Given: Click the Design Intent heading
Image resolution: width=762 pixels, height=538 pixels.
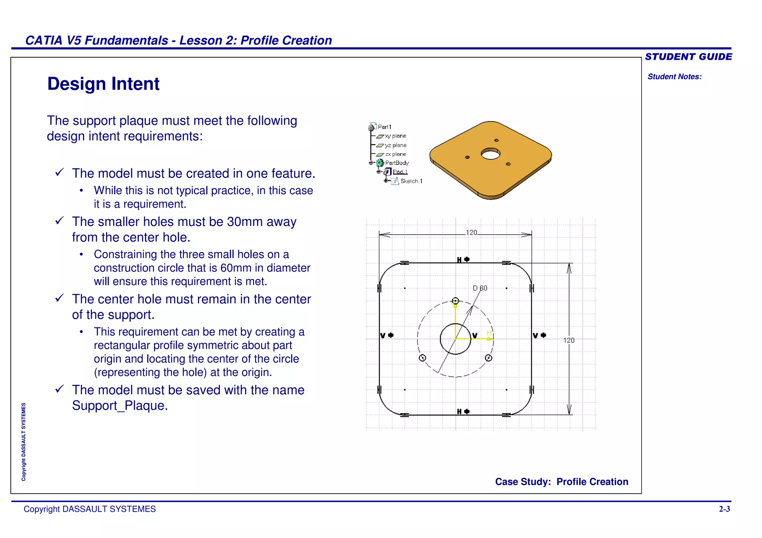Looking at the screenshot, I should click(x=103, y=84).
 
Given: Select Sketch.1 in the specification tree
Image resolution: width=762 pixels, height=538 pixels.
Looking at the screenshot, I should click(x=411, y=181).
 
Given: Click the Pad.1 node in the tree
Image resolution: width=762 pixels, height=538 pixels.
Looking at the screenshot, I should click(x=400, y=172).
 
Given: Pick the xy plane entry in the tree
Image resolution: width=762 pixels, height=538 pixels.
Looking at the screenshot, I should click(x=395, y=136).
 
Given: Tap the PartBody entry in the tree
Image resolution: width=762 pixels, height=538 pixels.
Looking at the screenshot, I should click(x=397, y=163).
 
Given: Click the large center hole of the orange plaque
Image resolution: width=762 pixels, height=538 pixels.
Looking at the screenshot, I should click(x=490, y=153).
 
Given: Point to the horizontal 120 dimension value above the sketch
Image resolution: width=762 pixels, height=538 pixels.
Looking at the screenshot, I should click(x=471, y=233).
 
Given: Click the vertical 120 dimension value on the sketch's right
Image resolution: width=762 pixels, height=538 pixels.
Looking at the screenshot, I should click(x=569, y=340).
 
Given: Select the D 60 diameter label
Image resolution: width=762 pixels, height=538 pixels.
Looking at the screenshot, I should click(x=480, y=288).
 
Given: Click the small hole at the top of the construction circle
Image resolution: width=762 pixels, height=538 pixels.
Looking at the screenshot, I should click(x=455, y=301).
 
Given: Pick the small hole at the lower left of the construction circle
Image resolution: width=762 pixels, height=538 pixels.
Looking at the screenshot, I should click(x=422, y=358).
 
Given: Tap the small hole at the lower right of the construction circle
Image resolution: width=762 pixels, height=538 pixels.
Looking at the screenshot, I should click(x=489, y=358).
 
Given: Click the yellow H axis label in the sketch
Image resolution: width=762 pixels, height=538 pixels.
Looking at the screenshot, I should click(x=489, y=333).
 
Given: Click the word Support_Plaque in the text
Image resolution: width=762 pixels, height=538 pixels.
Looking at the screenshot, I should click(x=120, y=406).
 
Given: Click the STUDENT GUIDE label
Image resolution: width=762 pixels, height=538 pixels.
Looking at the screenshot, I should click(x=688, y=57).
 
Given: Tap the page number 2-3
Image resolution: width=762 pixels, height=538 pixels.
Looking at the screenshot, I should click(x=724, y=509).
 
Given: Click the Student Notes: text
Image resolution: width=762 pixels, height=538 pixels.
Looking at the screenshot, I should click(x=674, y=77).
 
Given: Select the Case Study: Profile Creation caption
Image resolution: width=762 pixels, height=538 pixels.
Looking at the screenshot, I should click(x=561, y=482).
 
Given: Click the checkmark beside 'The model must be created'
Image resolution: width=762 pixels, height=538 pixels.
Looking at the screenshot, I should click(x=60, y=172).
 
